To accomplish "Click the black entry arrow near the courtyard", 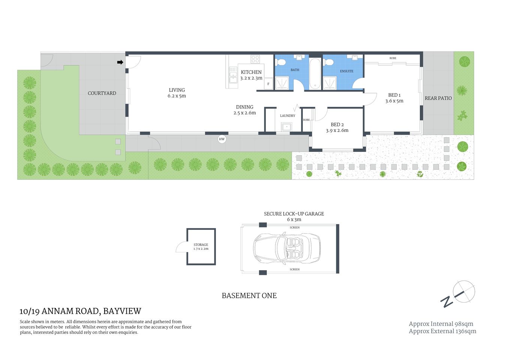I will pyautogui.click(x=120, y=62).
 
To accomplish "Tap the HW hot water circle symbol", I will pyautogui.click(x=222, y=139).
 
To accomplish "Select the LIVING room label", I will pyautogui.click(x=177, y=90).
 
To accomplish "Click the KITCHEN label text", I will pyautogui.click(x=251, y=72).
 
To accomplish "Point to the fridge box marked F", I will pyautogui.click(x=268, y=84).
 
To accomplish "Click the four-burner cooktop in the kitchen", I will pyautogui.click(x=255, y=59).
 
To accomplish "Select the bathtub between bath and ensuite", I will pyautogui.click(x=315, y=73).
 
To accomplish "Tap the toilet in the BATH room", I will pyautogui.click(x=281, y=62).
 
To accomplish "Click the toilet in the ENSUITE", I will pyautogui.click(x=329, y=62).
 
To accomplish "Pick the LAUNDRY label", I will pyautogui.click(x=287, y=116).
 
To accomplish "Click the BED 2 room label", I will pyautogui.click(x=337, y=124).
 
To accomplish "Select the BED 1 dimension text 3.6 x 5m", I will pyautogui.click(x=394, y=101).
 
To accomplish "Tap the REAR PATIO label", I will pyautogui.click(x=438, y=98).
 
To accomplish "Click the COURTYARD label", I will pyautogui.click(x=102, y=93).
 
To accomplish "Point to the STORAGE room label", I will pyautogui.click(x=201, y=244).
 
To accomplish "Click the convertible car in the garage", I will pyautogui.click(x=287, y=248).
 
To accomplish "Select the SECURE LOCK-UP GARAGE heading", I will pyautogui.click(x=294, y=214).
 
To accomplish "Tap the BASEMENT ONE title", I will pyautogui.click(x=249, y=295).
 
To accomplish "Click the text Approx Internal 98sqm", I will pyautogui.click(x=441, y=324).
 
